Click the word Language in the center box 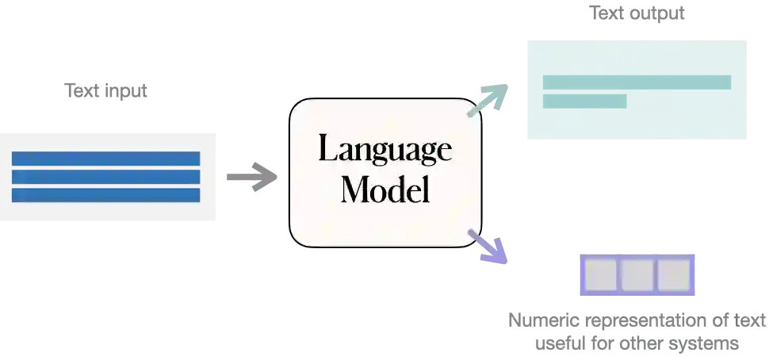[385, 149]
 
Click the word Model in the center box [385, 190]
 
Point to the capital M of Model [354, 190]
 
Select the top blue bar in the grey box [105, 159]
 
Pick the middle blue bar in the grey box [105, 177]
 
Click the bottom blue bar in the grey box [105, 195]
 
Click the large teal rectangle [637, 89]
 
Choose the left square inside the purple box [601, 275]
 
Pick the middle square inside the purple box [637, 275]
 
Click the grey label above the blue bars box [107, 93]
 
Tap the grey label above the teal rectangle [634, 14]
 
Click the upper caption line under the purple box [637, 321]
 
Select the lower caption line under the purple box [637, 346]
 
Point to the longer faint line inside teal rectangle [637, 82]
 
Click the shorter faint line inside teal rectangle [587, 101]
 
